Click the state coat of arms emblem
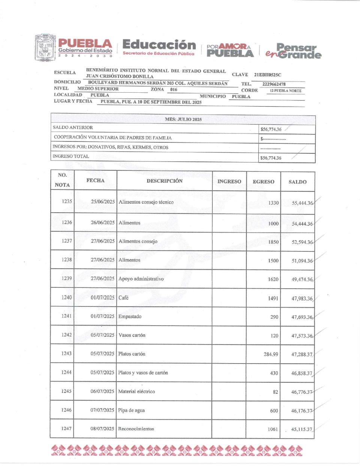[x=45, y=48]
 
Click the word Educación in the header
[x=159, y=45]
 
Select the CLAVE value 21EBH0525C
[x=267, y=75]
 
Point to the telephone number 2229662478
[x=274, y=84]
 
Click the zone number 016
[x=174, y=90]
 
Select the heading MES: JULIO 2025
[x=183, y=119]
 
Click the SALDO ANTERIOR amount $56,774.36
[x=271, y=129]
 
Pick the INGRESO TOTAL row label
[x=71, y=156]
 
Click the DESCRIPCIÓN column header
[x=165, y=181]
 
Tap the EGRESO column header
[x=263, y=182]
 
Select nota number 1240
[x=66, y=297]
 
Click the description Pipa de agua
[x=131, y=410]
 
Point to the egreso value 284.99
[x=270, y=354]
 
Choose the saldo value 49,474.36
[x=302, y=280]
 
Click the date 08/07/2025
[x=102, y=428]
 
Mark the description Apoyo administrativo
[x=141, y=279]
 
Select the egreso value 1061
[x=273, y=429]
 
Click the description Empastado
[x=130, y=316]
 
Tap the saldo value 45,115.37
[x=301, y=429]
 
